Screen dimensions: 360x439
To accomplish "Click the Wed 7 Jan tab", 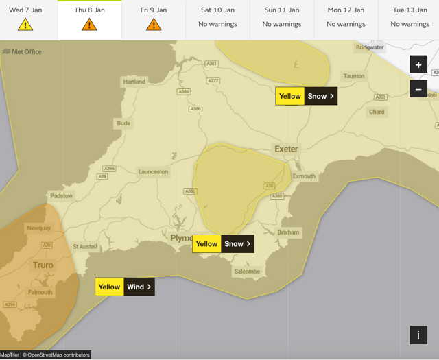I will tap(25, 19).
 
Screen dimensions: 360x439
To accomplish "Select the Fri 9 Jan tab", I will tap(154, 19).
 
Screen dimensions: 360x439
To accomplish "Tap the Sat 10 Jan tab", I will tap(217, 19).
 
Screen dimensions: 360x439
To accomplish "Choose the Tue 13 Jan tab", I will tap(410, 19).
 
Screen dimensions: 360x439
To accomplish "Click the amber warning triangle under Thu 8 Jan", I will tap(89, 25).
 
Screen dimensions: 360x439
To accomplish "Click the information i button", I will tap(418, 335).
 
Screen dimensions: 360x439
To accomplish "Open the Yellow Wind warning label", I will tap(125, 287).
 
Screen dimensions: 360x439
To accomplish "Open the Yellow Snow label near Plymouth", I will tap(223, 243).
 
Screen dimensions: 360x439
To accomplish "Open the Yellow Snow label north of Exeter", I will tap(306, 96).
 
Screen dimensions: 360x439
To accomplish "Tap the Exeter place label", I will tap(286, 149).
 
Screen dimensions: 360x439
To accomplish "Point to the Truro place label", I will tap(43, 265).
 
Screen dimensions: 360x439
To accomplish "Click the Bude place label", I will tap(123, 123).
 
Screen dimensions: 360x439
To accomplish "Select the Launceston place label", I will tap(153, 171).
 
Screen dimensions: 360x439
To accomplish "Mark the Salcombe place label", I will tap(247, 271).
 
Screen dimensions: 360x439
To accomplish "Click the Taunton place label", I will tap(354, 76).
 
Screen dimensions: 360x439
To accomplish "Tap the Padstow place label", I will tap(61, 196).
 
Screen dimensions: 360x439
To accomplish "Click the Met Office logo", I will tap(22, 51).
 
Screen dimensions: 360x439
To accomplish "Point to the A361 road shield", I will tap(213, 64).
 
